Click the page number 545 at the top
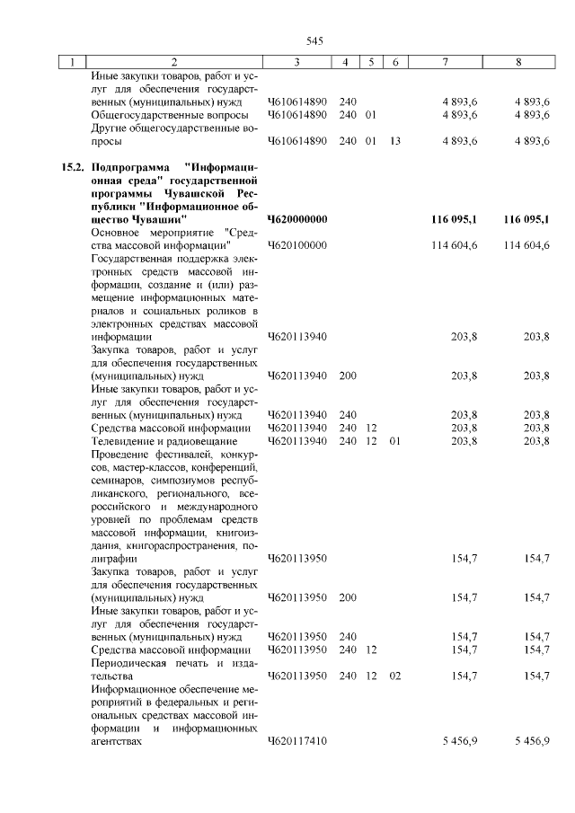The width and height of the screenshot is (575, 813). (x=314, y=40)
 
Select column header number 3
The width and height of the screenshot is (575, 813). (x=296, y=62)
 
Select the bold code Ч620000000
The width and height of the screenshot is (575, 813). (x=297, y=219)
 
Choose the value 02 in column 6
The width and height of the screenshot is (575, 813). (x=394, y=676)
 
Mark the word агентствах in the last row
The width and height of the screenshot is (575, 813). (x=118, y=743)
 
